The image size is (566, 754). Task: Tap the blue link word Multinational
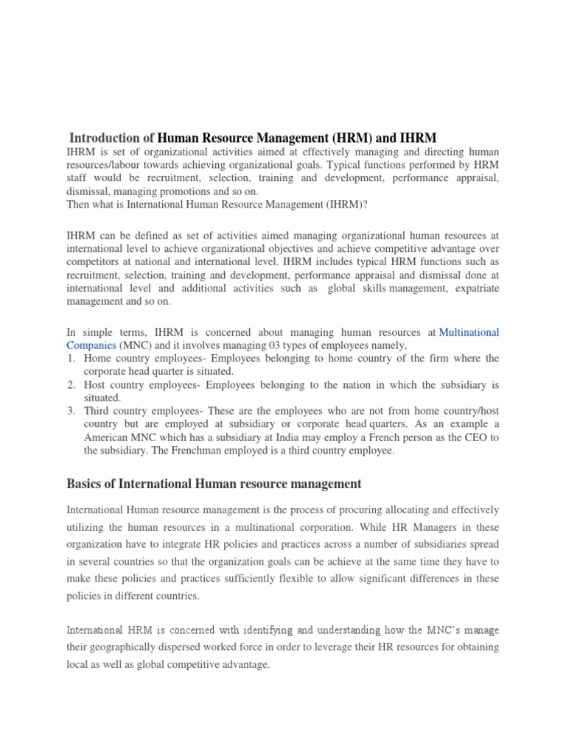469,333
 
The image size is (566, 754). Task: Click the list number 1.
71,359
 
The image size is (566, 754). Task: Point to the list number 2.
71,385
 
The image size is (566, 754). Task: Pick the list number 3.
71,412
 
